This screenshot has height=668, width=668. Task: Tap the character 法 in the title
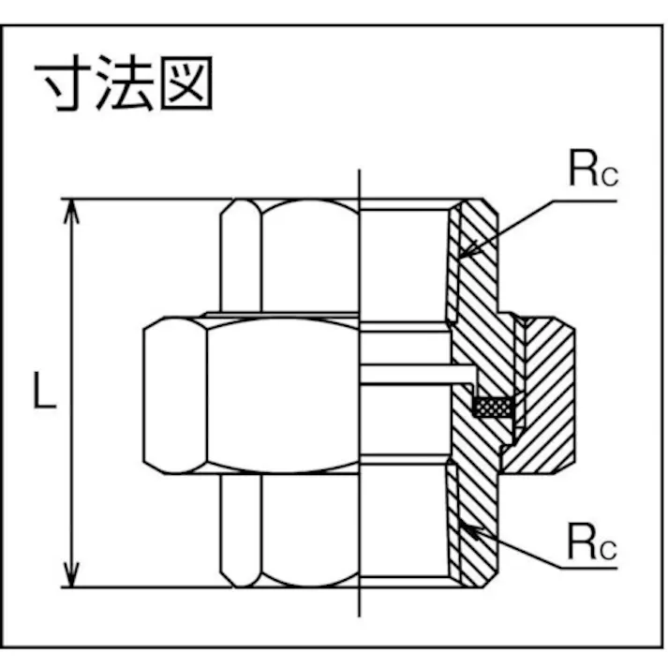[126, 86]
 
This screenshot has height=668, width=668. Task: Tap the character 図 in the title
[186, 86]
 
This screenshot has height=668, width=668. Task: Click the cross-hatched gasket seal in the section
[493, 408]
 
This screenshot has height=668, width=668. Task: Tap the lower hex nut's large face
[309, 529]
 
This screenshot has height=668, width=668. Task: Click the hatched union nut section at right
[548, 393]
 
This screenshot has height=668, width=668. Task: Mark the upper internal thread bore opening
[403, 258]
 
